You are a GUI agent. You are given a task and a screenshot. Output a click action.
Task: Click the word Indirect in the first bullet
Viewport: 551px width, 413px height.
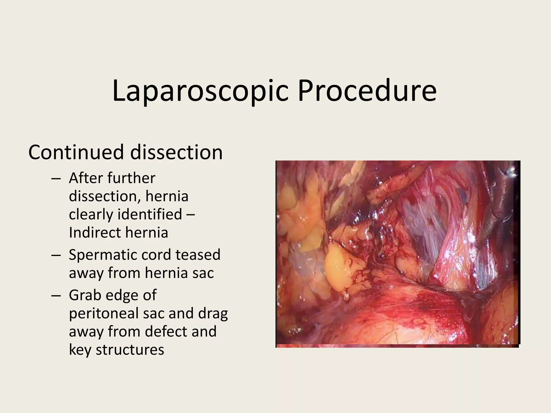94,232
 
